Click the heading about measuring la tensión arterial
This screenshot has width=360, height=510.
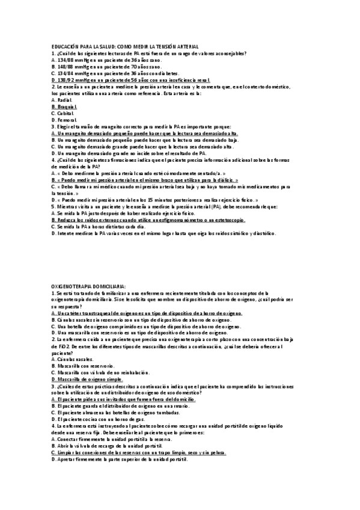click(x=125, y=47)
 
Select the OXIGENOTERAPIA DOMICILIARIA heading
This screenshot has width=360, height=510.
click(x=89, y=286)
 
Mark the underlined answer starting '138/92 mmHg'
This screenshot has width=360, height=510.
click(x=131, y=80)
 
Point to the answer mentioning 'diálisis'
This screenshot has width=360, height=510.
click(x=144, y=180)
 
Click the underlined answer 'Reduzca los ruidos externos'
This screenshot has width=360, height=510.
click(x=148, y=220)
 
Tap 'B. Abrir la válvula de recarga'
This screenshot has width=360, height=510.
click(x=103, y=446)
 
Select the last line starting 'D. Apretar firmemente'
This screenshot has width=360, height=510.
click(x=120, y=459)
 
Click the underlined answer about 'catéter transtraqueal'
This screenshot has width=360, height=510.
click(x=147, y=313)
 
